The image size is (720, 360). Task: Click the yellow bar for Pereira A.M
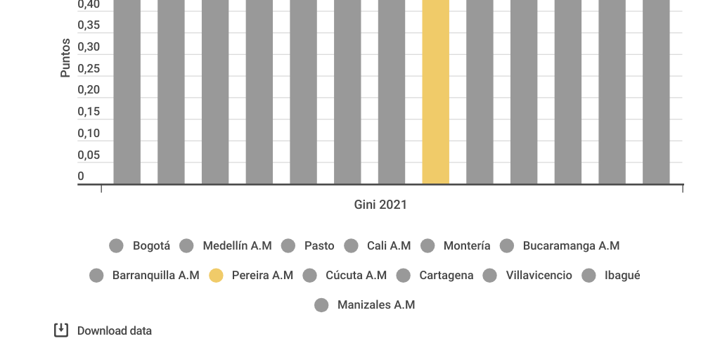click(x=435, y=91)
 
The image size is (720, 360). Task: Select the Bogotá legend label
click(x=151, y=245)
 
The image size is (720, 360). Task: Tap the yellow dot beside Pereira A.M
click(x=216, y=276)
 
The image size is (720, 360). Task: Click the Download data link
click(x=114, y=330)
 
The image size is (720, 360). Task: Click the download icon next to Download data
click(x=61, y=330)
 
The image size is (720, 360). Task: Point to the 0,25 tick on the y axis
click(x=89, y=69)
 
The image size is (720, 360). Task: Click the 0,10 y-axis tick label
click(x=89, y=134)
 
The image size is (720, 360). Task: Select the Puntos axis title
click(x=65, y=58)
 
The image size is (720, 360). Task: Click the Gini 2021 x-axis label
click(x=380, y=205)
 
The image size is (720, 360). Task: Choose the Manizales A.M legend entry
click(x=375, y=305)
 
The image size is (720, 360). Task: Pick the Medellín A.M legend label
click(x=237, y=245)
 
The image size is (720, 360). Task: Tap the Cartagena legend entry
click(x=446, y=276)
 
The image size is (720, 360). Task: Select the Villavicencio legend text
click(x=539, y=276)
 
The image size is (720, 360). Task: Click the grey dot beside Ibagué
click(x=589, y=276)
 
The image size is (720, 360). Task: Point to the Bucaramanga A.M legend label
click(x=571, y=245)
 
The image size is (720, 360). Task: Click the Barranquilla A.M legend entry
click(x=155, y=276)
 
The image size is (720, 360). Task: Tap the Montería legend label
click(x=466, y=245)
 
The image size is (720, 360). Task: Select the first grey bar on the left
click(x=127, y=91)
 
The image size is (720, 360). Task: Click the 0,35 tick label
click(x=89, y=25)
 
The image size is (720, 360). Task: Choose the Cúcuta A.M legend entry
click(x=356, y=276)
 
